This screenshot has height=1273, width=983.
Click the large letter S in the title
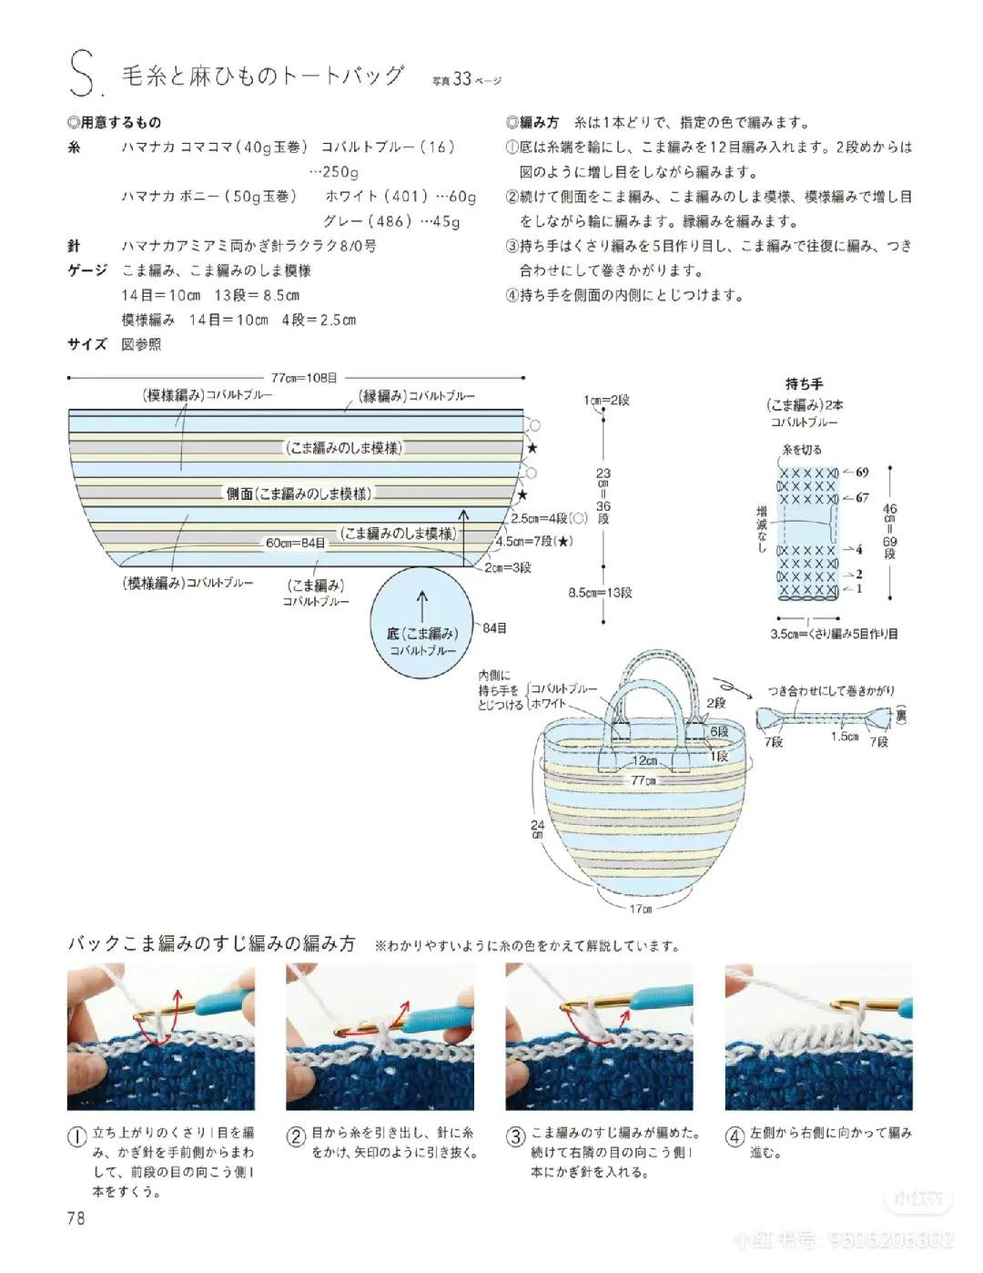pos(80,76)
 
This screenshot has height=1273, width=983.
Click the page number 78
pos(76,1217)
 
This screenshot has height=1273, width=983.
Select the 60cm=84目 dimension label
pos(296,543)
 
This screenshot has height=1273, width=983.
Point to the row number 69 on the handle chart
pos(861,472)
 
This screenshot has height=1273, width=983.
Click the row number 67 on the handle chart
pos(861,497)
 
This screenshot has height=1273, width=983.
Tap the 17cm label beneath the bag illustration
pos(641,908)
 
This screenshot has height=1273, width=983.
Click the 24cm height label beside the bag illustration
pos(537,828)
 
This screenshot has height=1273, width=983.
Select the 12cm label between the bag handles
pos(645,760)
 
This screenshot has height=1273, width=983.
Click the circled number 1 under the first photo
pos(77,1137)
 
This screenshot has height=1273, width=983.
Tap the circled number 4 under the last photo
pos(735,1136)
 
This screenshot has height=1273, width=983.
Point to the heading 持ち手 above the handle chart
pos(804,384)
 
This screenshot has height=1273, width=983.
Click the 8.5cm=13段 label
pos(601,593)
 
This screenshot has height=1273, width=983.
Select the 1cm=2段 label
pos(607,401)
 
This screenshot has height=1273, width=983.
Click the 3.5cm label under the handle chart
pos(785,634)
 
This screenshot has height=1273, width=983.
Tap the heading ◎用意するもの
pos(114,123)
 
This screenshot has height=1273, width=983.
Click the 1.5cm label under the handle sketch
pos(845,736)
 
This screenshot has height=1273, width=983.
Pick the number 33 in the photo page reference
pos(462,79)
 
